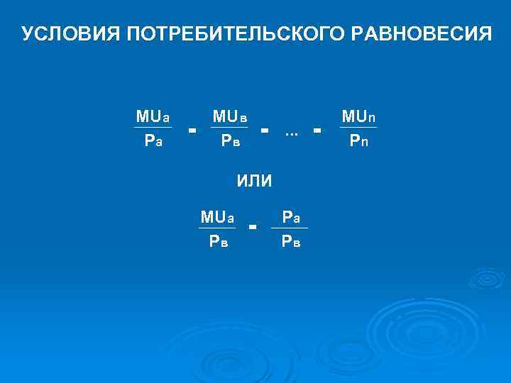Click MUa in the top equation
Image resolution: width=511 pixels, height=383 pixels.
(153, 116)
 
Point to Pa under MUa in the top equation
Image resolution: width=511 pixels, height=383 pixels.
(153, 141)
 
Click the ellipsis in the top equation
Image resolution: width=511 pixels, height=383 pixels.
(290, 132)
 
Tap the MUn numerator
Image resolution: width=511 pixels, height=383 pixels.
(358, 116)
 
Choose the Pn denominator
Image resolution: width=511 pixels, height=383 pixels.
(358, 141)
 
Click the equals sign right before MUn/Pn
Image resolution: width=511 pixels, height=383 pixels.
(317, 130)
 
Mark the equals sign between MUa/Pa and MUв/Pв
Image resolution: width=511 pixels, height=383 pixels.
(192, 130)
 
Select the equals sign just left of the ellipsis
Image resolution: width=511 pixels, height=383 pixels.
(265, 130)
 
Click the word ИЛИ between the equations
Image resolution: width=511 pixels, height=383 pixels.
(254, 180)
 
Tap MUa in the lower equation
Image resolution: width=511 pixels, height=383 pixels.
(217, 216)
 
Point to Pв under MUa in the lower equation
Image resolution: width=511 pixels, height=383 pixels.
(217, 241)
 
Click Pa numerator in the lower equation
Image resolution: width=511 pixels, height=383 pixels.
(291, 216)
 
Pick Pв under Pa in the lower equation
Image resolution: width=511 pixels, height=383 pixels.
(291, 241)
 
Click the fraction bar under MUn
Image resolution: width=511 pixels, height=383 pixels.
(358, 128)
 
